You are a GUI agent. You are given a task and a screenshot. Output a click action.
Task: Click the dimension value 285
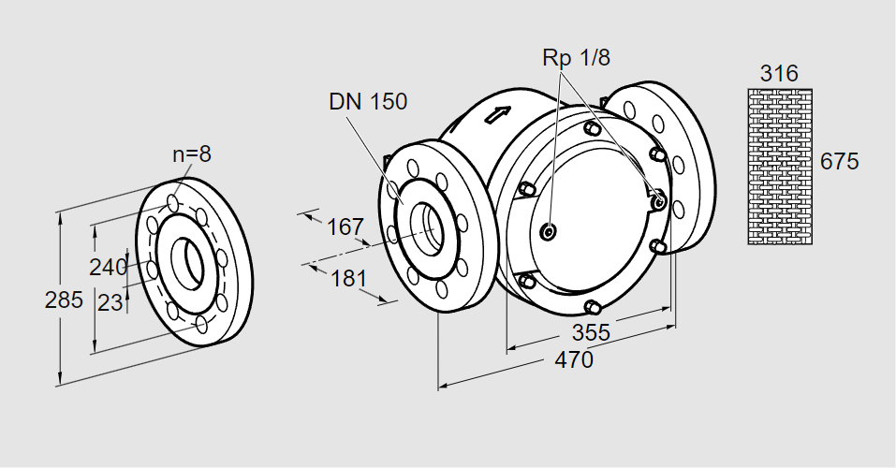pyautogui.click(x=64, y=300)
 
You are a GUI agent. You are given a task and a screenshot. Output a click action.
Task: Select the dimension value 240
pyautogui.click(x=108, y=267)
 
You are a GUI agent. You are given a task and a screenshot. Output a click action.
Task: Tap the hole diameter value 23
pyautogui.click(x=110, y=302)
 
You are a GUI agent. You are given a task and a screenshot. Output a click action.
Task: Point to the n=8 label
pyautogui.click(x=191, y=154)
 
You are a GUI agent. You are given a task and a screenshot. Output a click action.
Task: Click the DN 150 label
pyautogui.click(x=368, y=102)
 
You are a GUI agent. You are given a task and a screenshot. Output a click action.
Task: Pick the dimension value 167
pyautogui.click(x=345, y=227)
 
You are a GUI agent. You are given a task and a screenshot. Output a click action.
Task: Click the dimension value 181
pyautogui.click(x=348, y=279)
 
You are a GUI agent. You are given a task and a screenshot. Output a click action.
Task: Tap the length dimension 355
pyautogui.click(x=591, y=332)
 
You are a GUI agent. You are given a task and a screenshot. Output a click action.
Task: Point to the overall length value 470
pyautogui.click(x=573, y=359)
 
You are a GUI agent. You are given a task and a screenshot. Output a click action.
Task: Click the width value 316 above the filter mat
pyautogui.click(x=779, y=74)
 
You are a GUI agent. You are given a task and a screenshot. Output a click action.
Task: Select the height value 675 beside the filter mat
pyautogui.click(x=839, y=161)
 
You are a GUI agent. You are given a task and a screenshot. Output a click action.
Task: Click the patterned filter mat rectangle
pyautogui.click(x=779, y=166)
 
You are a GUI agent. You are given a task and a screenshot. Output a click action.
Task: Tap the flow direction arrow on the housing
pyautogui.click(x=497, y=116)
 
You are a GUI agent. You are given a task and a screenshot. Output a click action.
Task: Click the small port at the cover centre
pyautogui.click(x=549, y=231)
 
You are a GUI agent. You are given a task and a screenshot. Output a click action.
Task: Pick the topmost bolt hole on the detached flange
pyautogui.click(x=174, y=202)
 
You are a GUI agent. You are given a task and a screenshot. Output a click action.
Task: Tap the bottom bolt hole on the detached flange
pyautogui.click(x=202, y=325)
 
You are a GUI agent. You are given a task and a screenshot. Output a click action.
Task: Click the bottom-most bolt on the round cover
pyautogui.click(x=592, y=307)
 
